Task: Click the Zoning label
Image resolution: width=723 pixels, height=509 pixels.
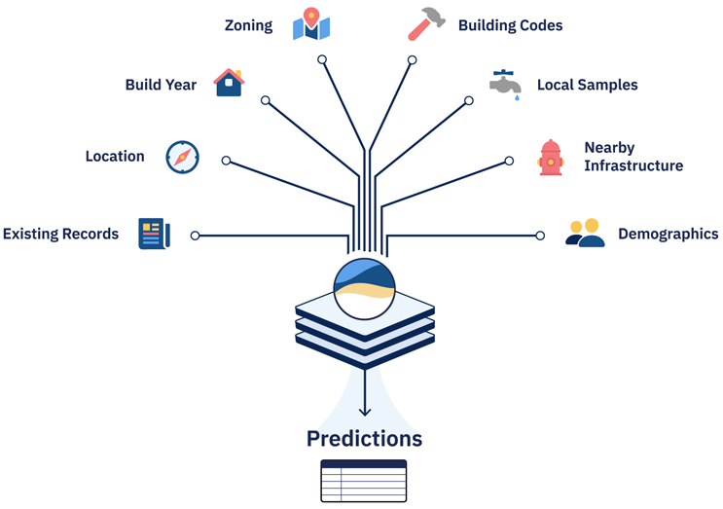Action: (248, 25)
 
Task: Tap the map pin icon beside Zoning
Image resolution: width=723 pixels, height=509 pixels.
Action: (311, 24)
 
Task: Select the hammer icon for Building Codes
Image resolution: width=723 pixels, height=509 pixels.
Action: (426, 24)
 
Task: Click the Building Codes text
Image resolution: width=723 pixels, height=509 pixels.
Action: (510, 25)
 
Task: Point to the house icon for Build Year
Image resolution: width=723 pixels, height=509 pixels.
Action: (229, 83)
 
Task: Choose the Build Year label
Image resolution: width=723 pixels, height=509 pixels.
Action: (161, 85)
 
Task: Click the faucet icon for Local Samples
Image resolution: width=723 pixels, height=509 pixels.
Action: (505, 85)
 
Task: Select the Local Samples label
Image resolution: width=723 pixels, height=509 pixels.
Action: (588, 85)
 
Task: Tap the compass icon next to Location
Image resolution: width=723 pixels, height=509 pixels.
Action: (182, 157)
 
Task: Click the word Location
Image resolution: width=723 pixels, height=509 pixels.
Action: (115, 157)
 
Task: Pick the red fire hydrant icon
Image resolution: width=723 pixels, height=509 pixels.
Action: (551, 158)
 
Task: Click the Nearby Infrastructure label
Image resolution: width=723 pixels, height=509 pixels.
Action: (633, 157)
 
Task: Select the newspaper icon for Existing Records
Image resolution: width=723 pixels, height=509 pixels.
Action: (154, 234)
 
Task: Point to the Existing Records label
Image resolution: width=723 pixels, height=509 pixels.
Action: (60, 235)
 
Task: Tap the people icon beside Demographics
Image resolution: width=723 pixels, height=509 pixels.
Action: (585, 234)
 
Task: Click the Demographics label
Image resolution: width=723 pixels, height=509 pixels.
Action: (668, 235)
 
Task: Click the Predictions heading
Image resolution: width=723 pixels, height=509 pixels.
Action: (364, 439)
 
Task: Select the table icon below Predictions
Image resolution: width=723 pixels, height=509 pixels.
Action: (364, 481)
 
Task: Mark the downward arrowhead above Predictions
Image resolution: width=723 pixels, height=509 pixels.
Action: (365, 411)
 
